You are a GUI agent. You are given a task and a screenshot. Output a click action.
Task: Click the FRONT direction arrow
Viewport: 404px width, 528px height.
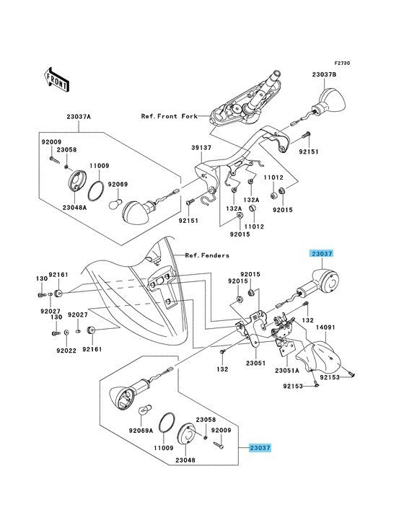click(56, 80)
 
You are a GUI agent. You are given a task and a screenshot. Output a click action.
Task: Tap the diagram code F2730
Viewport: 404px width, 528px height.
click(342, 63)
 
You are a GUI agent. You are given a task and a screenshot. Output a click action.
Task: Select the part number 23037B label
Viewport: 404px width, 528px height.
click(324, 75)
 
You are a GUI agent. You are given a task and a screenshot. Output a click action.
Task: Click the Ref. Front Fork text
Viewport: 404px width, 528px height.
click(170, 116)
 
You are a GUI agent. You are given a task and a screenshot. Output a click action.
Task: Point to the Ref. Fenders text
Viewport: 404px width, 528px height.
click(207, 255)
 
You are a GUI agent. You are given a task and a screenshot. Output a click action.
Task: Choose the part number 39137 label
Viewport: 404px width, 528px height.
click(201, 148)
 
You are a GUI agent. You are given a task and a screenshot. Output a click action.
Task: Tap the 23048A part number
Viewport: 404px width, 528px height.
click(74, 208)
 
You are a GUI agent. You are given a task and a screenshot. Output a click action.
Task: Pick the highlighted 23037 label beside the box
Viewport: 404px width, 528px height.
click(260, 448)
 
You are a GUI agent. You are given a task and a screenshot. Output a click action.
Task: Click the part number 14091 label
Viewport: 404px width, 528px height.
click(325, 327)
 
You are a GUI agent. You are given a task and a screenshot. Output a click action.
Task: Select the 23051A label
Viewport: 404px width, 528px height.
click(287, 371)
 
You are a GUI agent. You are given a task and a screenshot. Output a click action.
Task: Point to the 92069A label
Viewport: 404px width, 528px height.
click(141, 431)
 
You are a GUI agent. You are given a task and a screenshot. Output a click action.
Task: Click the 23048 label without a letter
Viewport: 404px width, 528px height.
click(185, 460)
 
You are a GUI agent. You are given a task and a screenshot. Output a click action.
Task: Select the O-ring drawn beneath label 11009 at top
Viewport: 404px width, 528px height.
click(96, 191)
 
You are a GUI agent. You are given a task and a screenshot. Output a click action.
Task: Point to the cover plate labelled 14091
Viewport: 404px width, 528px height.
click(318, 357)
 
